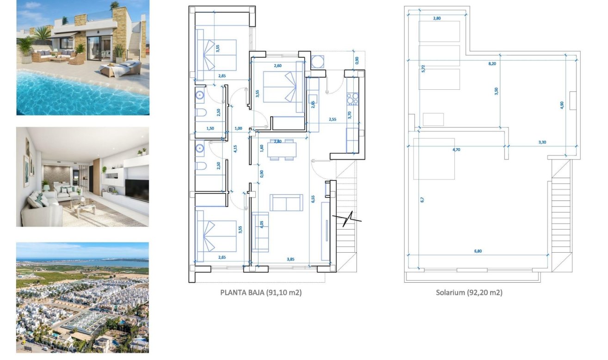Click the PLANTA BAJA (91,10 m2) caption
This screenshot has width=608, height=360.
tap(261, 292)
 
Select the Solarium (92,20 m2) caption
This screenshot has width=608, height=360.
tap(469, 292)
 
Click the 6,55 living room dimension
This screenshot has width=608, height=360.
tap(313, 199)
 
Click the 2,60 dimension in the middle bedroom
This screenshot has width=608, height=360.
tap(277, 66)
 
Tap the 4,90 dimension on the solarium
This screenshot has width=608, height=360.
tap(562, 105)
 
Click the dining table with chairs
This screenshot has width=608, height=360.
tap(282, 149)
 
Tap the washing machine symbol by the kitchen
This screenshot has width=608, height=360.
tap(318, 62)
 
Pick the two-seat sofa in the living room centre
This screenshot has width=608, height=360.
tap(286, 203)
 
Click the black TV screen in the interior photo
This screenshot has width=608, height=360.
tap(137, 191)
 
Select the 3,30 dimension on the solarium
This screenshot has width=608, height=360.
tap(542, 142)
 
